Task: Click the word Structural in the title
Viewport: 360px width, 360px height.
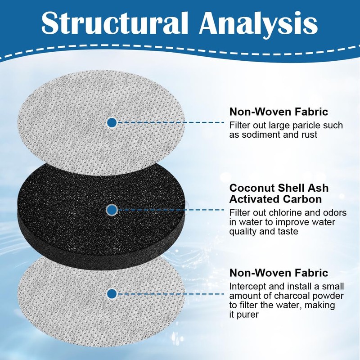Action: (x=115, y=22)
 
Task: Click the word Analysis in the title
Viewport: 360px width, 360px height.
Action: (x=258, y=25)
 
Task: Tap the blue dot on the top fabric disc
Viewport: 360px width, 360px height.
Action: (x=112, y=122)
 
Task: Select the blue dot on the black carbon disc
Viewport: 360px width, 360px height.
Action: (x=112, y=210)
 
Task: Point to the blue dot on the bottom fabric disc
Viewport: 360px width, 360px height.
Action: (x=112, y=294)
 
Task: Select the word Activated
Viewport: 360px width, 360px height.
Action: (x=255, y=199)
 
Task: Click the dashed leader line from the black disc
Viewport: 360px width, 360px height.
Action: (x=171, y=210)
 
